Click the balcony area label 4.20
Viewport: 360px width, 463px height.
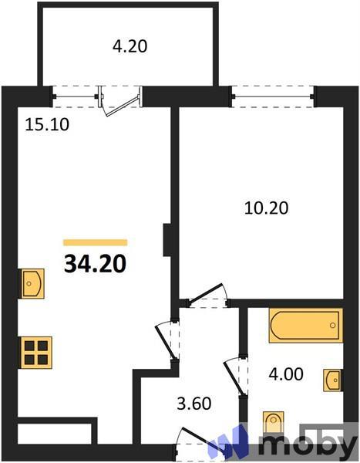pos(130,46)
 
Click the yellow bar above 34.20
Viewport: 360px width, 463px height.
pos(96,242)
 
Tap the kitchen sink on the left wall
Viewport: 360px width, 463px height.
pos(32,283)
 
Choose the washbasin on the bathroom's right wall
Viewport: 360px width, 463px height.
pos(333,380)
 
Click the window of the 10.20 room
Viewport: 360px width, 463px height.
pos(274,96)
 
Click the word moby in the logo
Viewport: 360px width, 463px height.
pos(308,445)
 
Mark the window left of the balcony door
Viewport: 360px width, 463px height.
pos(77,96)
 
